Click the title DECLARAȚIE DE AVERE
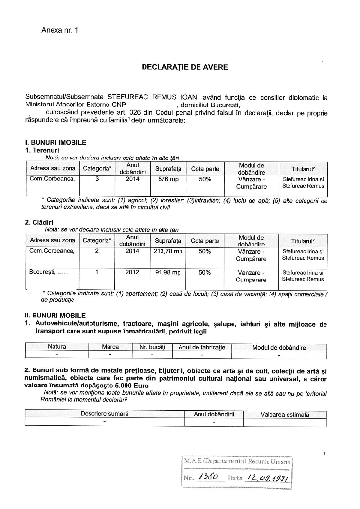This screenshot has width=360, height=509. click(184, 67)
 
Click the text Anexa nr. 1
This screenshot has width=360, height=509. click(60, 30)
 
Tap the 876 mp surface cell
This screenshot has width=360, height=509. click(166, 179)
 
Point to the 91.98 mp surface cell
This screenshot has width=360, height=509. click(166, 273)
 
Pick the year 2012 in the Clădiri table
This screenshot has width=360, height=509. click(132, 273)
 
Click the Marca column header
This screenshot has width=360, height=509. click(110, 348)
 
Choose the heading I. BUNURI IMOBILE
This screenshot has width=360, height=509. click(55, 143)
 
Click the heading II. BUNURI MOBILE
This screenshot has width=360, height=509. click(55, 316)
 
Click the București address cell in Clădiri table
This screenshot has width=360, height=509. click(48, 273)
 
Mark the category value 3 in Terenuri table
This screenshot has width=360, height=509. click(97, 179)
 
